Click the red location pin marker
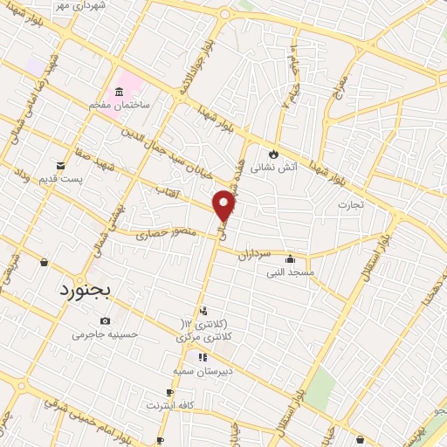pos(224,206)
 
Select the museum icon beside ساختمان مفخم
pos(119,91)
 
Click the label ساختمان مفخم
pos(120,105)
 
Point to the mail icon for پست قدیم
pos(59,165)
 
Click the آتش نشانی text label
pos(274,166)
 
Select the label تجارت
pos(350,204)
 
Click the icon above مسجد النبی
pos(290,258)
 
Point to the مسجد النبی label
pos(290,272)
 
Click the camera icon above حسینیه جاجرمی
pos(106,320)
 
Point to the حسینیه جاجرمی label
pos(105,334)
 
